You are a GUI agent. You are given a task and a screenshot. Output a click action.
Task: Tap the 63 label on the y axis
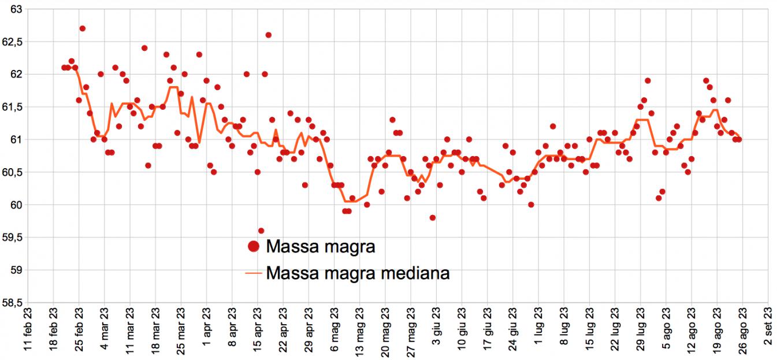[x=16, y=10]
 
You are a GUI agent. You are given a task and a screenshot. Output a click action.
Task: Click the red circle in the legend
[x=253, y=247]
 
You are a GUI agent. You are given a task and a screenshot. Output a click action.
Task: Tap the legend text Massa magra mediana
[x=358, y=273]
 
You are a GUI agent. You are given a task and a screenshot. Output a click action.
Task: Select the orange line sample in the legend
[x=253, y=273]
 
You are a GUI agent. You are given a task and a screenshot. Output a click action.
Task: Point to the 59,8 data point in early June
[x=433, y=218]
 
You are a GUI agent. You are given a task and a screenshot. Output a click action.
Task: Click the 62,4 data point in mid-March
[x=144, y=48]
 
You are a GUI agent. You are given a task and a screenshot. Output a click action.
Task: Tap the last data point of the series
[x=739, y=139]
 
